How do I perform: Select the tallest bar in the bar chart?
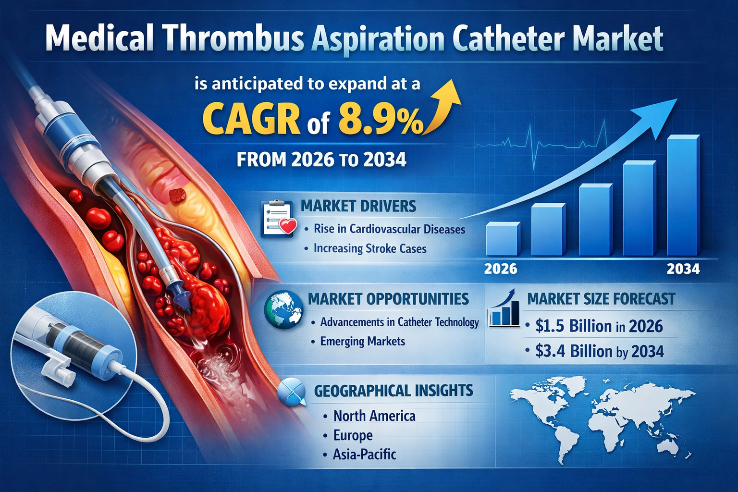(x=683, y=195)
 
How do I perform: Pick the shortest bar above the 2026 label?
(x=503, y=239)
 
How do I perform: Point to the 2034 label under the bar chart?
(x=683, y=269)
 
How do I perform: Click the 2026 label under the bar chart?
(x=501, y=269)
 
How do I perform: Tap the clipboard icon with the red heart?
(x=278, y=218)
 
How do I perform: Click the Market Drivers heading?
(x=358, y=206)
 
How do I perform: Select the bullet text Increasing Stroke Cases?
(x=370, y=248)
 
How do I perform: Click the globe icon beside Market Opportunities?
(x=283, y=309)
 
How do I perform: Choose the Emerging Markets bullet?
(x=362, y=341)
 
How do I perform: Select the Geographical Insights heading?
(x=394, y=391)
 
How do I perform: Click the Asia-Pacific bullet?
(x=364, y=455)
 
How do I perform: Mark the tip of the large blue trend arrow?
(x=677, y=99)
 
